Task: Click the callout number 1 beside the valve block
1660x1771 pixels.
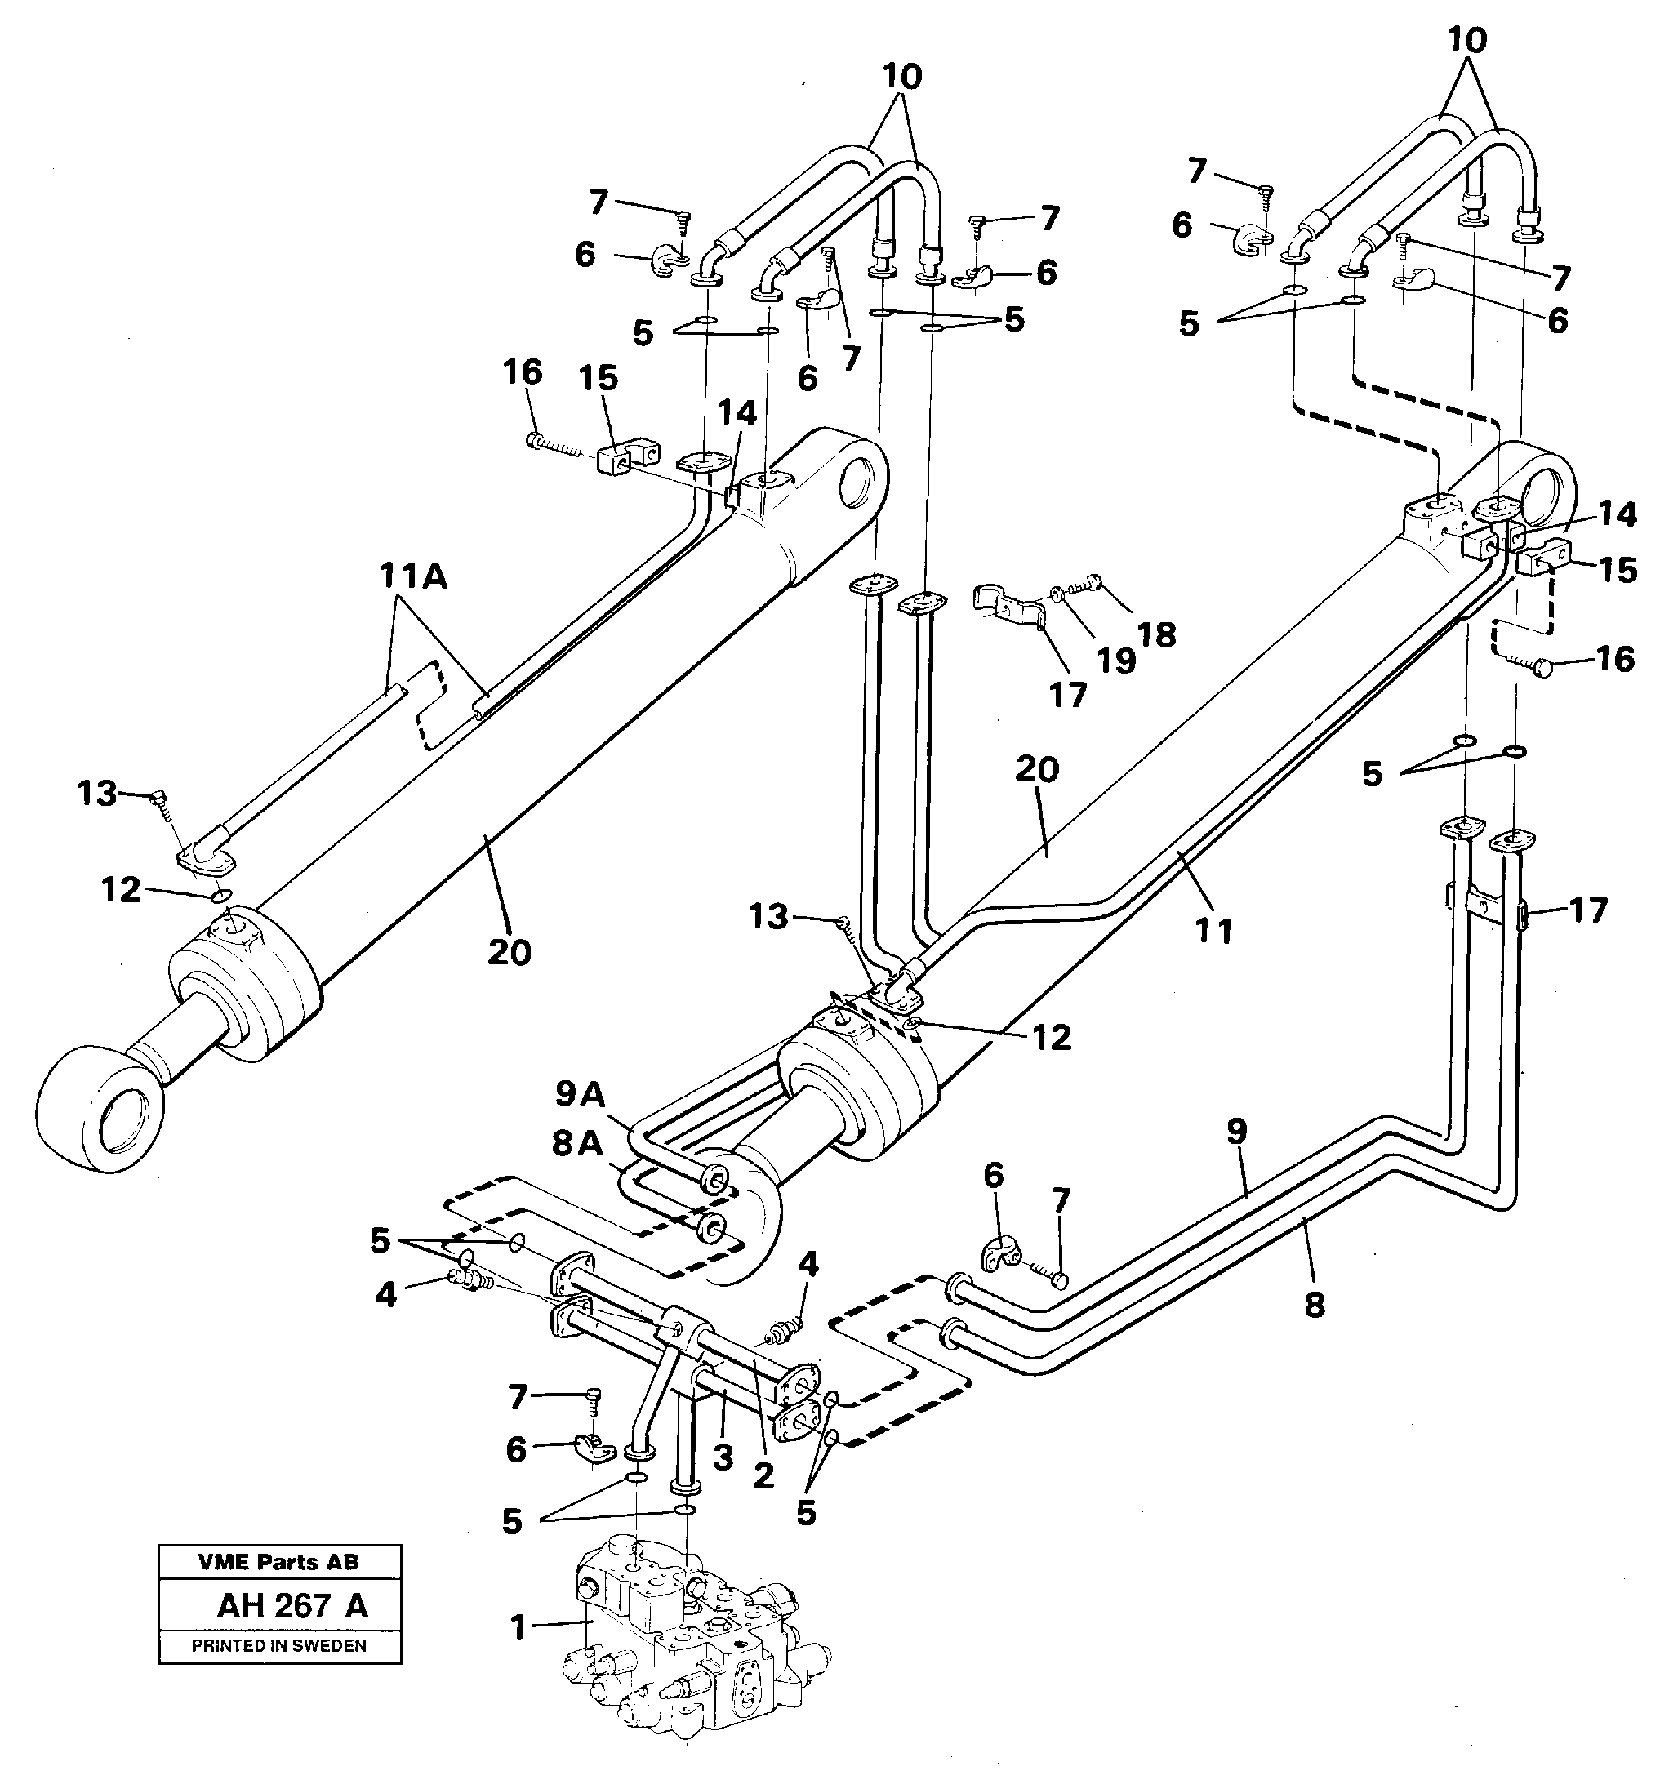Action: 518,1628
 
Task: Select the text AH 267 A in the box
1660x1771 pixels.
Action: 292,1606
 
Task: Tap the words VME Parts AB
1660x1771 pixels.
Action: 279,1562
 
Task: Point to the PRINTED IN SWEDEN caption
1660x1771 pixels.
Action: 279,1645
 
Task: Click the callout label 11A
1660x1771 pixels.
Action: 412,577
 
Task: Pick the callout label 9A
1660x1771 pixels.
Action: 580,1094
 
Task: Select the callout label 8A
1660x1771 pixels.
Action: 576,1143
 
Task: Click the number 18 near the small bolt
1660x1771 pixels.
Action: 1156,634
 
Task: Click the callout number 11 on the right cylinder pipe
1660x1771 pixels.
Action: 1213,931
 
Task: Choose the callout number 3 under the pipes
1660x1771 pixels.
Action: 723,1457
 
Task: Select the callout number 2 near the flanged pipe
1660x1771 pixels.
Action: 763,1475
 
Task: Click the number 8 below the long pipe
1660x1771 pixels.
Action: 1315,1305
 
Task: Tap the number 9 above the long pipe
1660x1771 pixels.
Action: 1237,1132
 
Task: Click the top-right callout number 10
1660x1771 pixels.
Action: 1467,40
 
